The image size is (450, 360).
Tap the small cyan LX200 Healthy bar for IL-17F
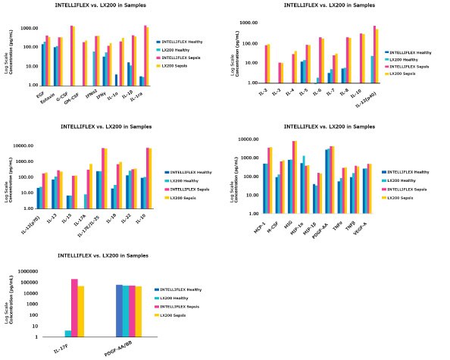pyautogui.click(x=68, y=333)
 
